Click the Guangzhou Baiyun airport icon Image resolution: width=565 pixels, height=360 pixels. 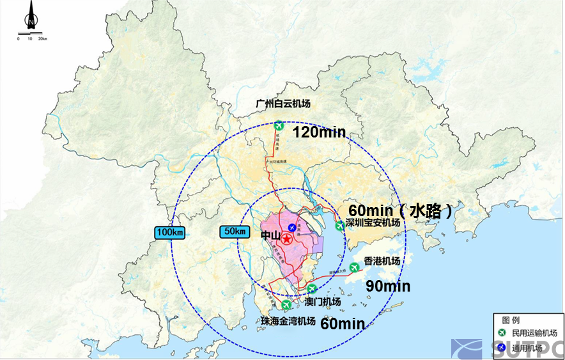click(279, 126)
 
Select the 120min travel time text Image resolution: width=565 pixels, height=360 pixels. click(318, 132)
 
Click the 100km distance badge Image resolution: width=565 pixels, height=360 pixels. click(169, 232)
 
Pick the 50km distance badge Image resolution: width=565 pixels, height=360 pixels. click(233, 231)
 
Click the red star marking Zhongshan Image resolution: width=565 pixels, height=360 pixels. click(287, 239)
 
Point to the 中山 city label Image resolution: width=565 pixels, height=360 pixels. click(270, 236)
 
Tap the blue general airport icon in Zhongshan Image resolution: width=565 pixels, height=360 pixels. click(292, 228)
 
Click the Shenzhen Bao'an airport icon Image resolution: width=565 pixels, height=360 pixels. click(340, 226)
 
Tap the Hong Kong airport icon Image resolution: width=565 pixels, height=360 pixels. click(354, 267)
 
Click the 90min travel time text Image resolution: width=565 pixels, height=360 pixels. click(387, 286)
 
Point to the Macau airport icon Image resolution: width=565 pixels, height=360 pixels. click(312, 289)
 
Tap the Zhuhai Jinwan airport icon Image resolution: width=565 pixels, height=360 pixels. click(286, 305)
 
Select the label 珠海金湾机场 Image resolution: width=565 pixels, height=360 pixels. click(288, 320)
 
